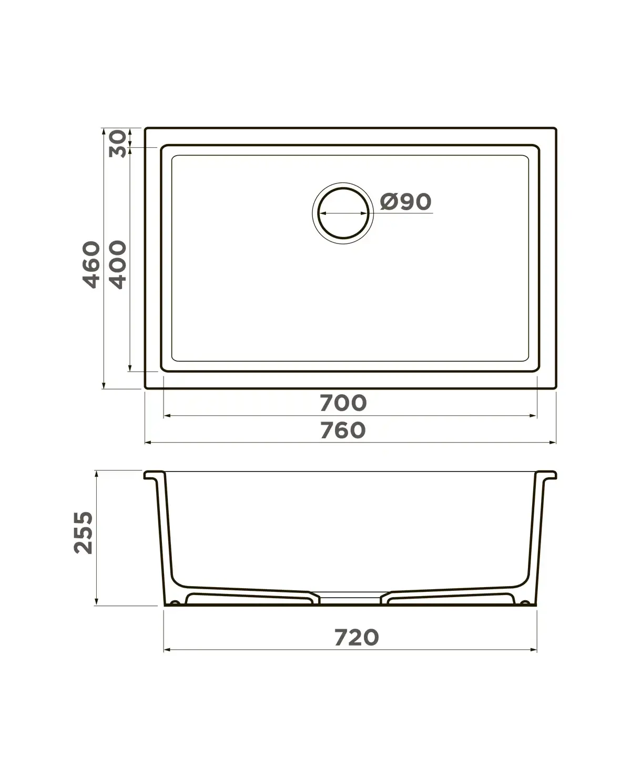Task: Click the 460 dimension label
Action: point(91,264)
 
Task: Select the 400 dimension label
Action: point(118,264)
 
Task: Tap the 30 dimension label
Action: point(118,143)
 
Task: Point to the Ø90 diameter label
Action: point(405,201)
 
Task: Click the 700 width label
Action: point(343,403)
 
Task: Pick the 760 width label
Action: point(343,430)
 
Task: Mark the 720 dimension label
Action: point(357,638)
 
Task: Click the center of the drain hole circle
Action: point(343,213)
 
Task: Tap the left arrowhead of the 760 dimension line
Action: point(148,443)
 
